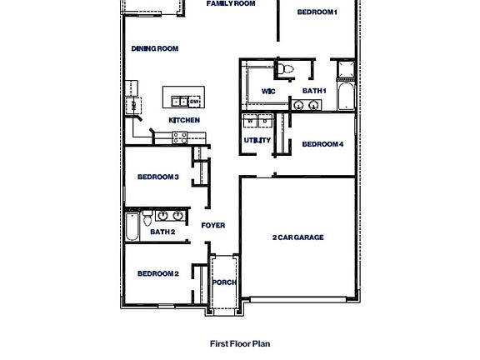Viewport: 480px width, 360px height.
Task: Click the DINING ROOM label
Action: (155, 49)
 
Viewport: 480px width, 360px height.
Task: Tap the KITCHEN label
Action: (184, 120)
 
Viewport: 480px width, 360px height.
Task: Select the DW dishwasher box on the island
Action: (193, 102)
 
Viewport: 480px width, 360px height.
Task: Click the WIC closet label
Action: (268, 91)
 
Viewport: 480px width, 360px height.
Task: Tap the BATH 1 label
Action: (314, 91)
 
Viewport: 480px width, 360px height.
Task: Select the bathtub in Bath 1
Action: (345, 95)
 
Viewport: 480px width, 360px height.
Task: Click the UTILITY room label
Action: (257, 140)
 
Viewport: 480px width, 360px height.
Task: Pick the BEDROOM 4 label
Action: (322, 144)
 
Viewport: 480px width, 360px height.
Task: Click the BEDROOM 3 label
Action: (158, 177)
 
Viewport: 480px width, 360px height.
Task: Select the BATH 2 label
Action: (162, 232)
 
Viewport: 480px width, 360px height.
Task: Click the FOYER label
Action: (213, 226)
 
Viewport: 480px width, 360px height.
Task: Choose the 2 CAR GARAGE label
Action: (297, 237)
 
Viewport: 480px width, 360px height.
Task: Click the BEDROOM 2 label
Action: (158, 273)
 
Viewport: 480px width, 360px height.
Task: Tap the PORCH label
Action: (223, 282)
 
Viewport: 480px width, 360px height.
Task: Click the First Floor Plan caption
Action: (239, 342)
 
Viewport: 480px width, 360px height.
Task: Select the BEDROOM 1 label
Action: (317, 12)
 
